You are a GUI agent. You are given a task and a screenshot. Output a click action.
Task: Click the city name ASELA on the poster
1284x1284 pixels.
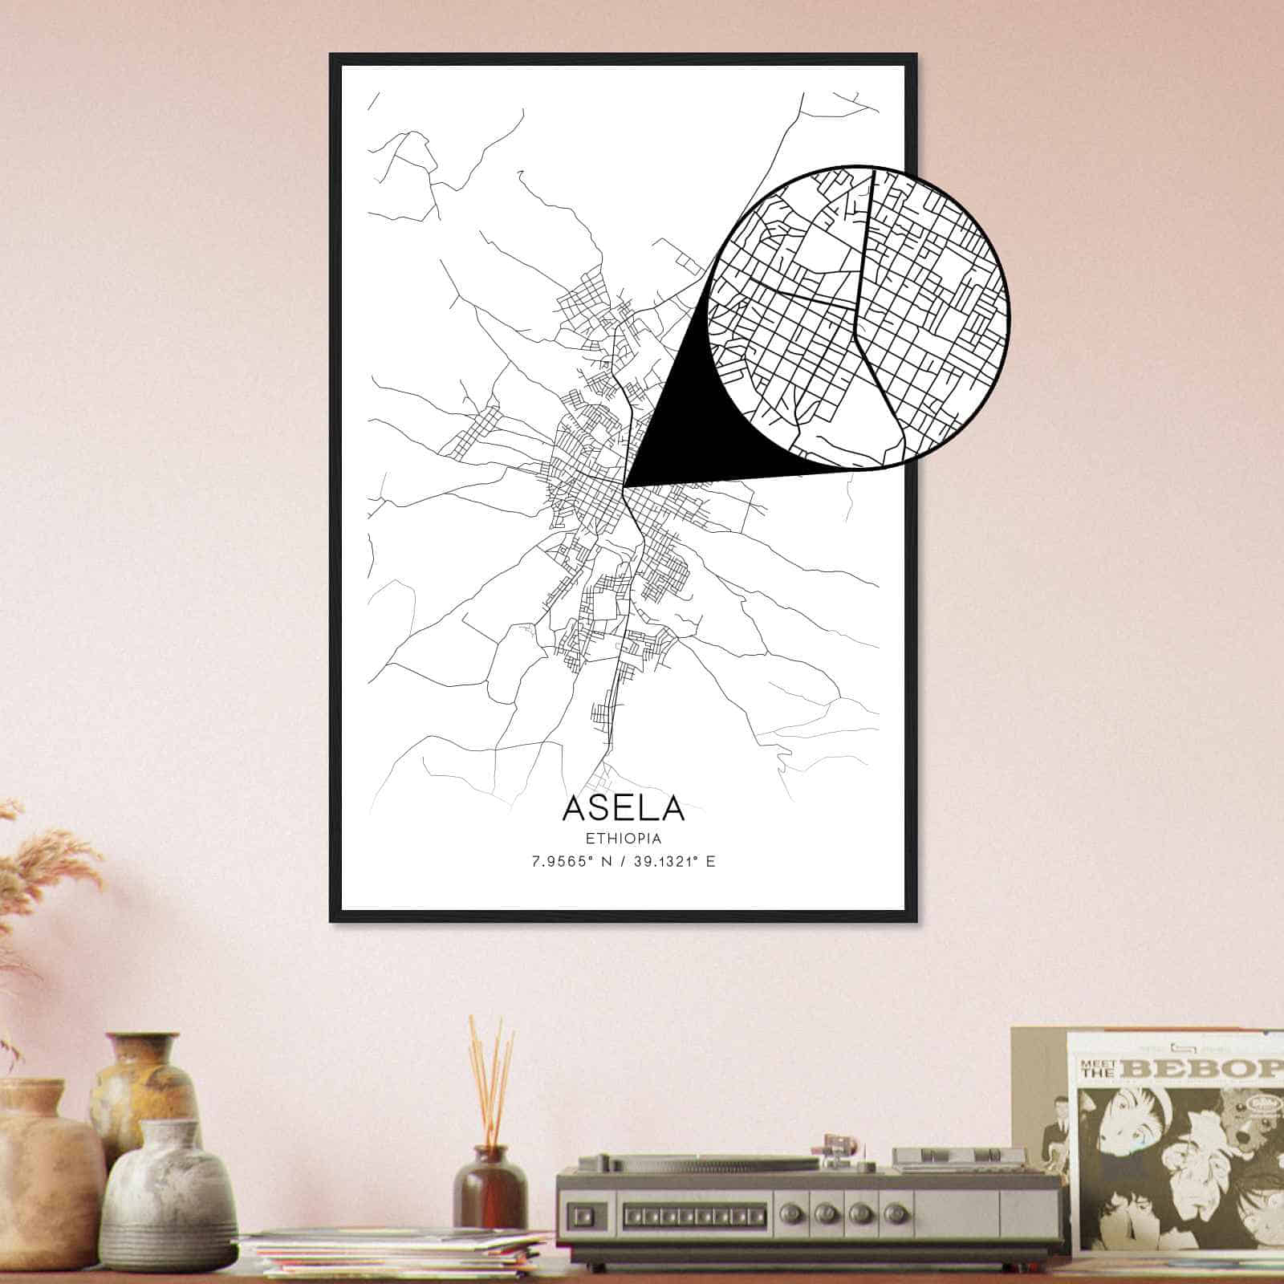point(624,807)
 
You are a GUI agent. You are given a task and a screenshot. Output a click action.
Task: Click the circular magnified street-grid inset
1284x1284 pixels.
point(859,316)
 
